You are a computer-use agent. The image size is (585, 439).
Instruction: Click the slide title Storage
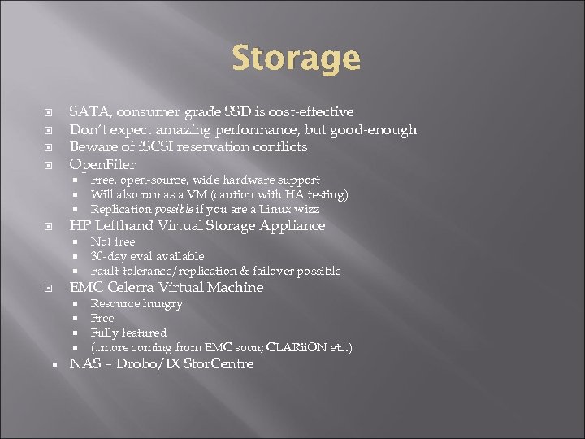tap(296, 59)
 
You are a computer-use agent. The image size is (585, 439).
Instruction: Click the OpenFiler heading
tap(102, 165)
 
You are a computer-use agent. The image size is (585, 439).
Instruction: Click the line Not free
tap(113, 241)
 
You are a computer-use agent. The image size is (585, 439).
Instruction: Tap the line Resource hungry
tap(136, 303)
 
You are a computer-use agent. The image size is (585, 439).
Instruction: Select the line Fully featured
tap(128, 333)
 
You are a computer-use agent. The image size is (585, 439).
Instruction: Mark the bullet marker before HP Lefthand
tap(50, 226)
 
